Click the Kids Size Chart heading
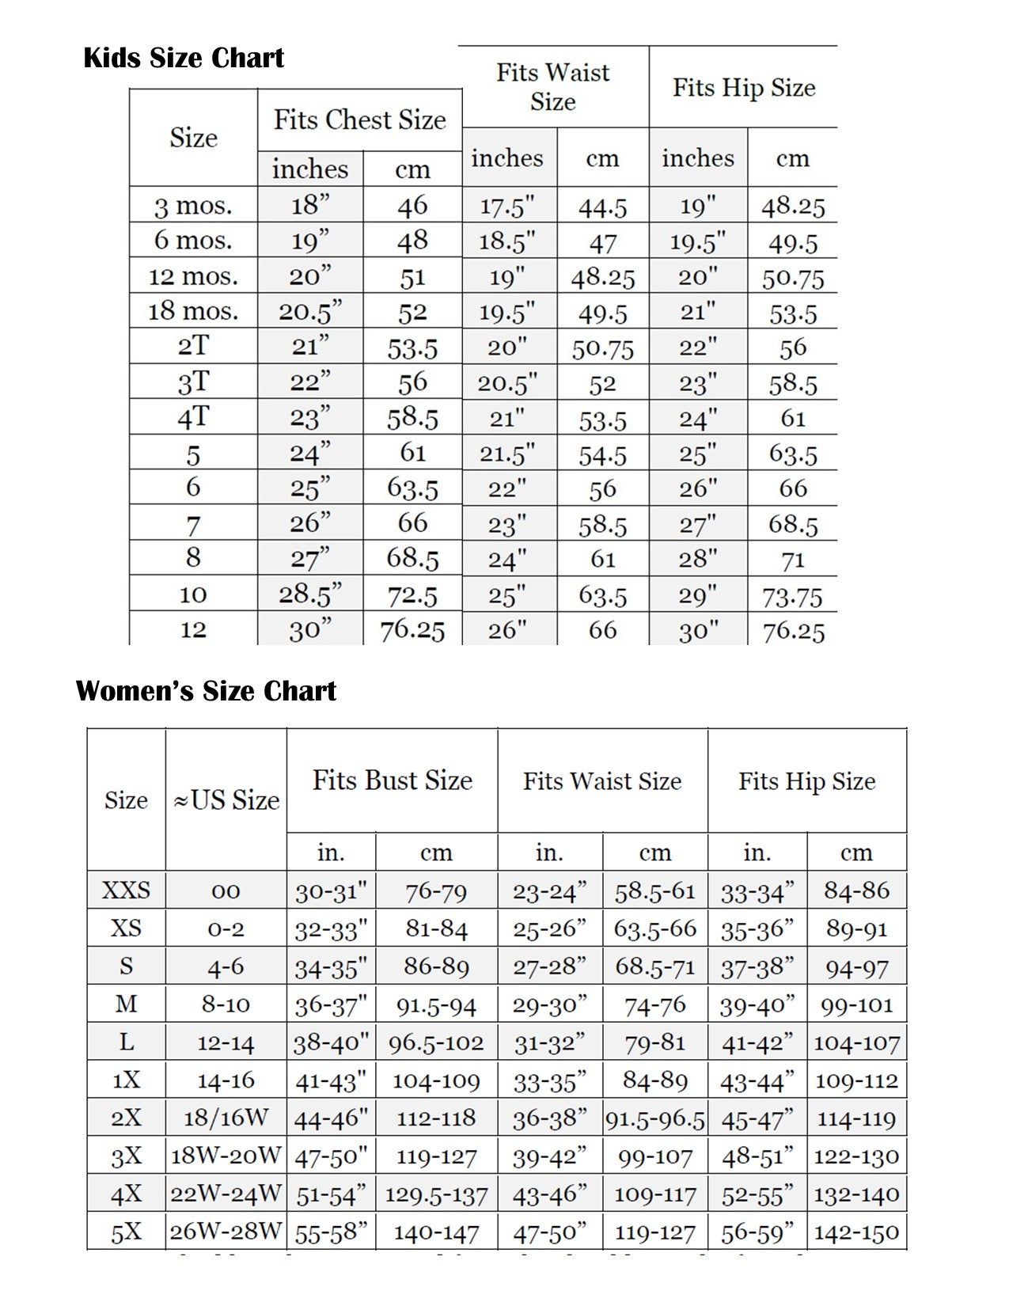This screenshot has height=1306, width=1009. point(184,58)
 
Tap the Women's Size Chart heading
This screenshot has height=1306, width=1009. point(206,691)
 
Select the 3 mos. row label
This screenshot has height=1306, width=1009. point(193,206)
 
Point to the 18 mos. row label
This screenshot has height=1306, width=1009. point(193,311)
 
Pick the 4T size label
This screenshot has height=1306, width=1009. point(193,417)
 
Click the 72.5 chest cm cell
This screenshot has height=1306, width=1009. point(412,594)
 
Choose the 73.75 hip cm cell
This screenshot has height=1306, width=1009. point(792,596)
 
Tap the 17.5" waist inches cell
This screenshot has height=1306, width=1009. point(507,207)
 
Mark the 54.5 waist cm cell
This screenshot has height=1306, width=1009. point(602,454)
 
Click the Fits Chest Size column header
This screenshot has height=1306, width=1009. point(360,120)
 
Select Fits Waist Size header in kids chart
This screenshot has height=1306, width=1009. point(553,87)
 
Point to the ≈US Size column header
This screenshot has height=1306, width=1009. point(226,800)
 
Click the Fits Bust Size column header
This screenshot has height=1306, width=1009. point(393,780)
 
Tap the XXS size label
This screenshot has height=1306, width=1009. point(126,890)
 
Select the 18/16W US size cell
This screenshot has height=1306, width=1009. point(226,1118)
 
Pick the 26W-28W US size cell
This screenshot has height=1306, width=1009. point(226,1232)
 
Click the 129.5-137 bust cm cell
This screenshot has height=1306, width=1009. point(436,1194)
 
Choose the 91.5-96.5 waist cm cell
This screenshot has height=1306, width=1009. point(654,1118)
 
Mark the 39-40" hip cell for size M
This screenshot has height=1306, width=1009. point(757,1005)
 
